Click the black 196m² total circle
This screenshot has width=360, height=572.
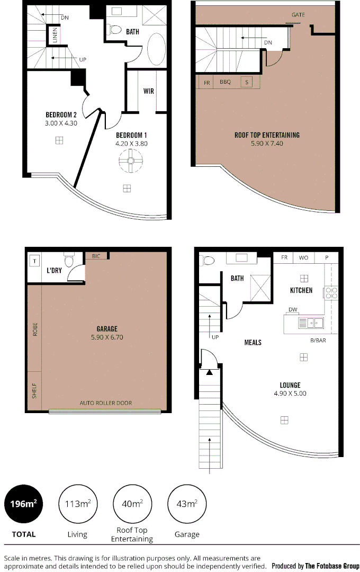24,504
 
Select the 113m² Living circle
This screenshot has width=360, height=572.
77,504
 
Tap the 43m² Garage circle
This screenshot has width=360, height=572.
187,504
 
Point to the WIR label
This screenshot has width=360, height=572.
149,91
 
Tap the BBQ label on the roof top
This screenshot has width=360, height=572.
226,83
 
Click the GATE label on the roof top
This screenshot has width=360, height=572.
298,15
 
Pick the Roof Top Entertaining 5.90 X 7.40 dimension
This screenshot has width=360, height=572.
267,143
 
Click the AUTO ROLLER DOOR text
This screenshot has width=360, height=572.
106,403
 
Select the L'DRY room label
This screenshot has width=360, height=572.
55,270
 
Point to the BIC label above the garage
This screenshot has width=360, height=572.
96,256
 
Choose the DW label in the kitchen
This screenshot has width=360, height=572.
293,309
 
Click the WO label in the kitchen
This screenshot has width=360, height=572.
303,257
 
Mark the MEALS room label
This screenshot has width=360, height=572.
253,342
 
